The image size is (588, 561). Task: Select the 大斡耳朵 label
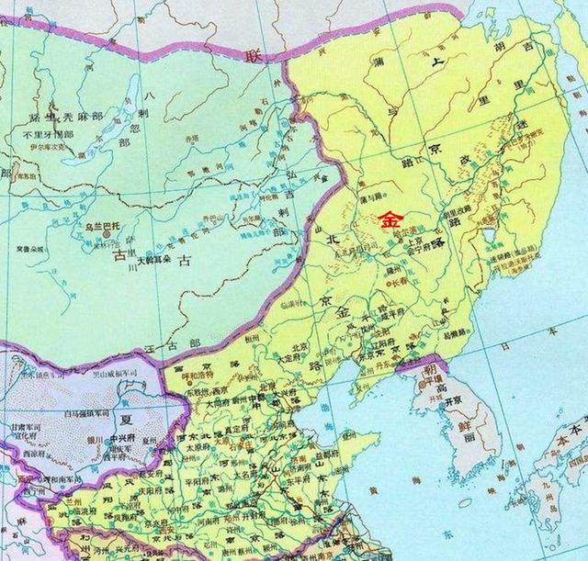point(153,262)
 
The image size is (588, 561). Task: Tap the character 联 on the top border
point(253,55)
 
